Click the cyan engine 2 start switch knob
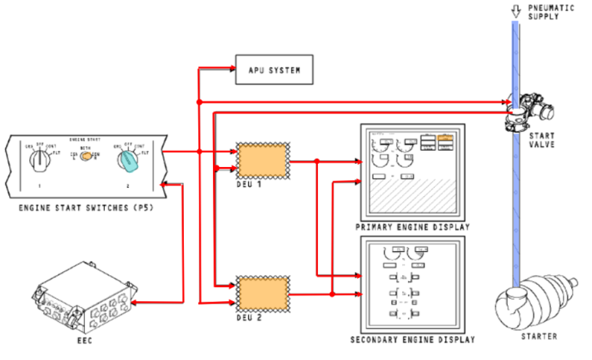click(126, 161)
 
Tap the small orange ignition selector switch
click(87, 156)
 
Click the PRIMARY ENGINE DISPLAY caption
click(411, 227)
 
